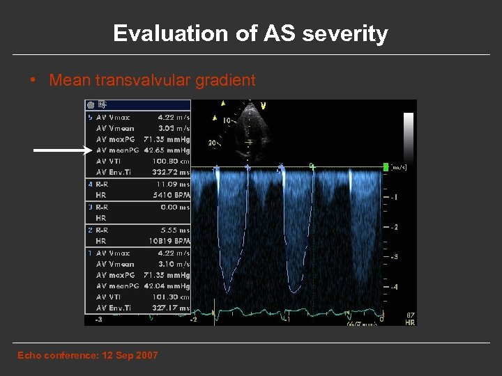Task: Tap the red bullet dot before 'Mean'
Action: point(33,80)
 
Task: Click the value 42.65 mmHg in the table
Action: point(167,150)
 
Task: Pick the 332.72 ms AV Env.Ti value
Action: point(170,172)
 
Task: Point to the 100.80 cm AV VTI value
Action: point(170,161)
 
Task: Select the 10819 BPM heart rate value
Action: point(170,241)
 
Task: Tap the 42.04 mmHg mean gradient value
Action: point(167,286)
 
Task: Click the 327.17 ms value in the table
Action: point(170,308)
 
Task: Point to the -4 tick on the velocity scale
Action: point(394,287)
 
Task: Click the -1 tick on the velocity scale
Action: point(394,197)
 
